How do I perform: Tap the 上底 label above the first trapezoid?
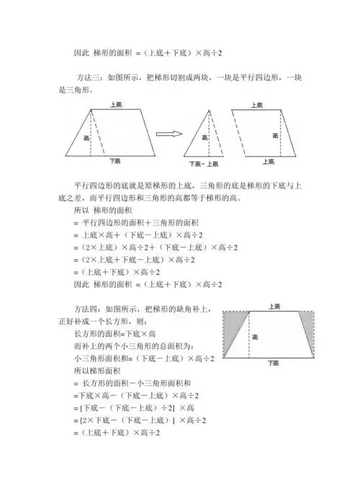point(116,105)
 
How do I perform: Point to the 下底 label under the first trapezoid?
point(114,161)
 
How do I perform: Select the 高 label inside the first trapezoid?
point(86,136)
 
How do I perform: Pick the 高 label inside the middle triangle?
point(205,137)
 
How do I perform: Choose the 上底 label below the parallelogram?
point(268,163)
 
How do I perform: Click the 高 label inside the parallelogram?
point(274,136)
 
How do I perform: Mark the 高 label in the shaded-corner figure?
point(254,335)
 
